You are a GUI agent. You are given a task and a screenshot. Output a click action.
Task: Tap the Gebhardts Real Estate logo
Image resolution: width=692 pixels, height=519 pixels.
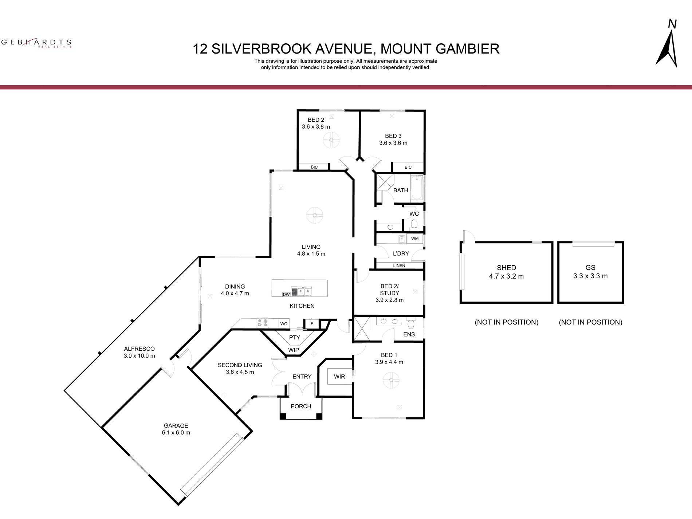(x=36, y=43)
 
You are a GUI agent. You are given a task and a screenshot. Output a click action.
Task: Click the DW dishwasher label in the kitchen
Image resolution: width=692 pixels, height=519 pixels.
(x=286, y=294)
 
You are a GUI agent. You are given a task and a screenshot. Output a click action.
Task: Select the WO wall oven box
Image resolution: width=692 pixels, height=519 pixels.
(x=284, y=323)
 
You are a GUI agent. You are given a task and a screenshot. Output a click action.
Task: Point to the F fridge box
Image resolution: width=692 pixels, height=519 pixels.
(x=312, y=323)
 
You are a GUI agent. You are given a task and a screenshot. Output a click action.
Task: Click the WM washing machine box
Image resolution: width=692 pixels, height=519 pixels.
(x=415, y=239)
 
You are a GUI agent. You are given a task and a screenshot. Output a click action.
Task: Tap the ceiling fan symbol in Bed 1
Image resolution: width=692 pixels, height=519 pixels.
(x=391, y=381)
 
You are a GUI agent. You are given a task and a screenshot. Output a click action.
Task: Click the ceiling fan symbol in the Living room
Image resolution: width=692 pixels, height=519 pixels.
(x=315, y=215)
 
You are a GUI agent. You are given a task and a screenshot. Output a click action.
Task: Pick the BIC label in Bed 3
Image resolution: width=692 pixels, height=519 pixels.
(x=408, y=167)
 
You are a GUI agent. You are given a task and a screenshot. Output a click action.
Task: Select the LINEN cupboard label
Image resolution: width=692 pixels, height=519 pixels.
(x=399, y=266)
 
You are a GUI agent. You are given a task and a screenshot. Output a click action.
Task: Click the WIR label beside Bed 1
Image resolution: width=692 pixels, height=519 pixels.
(x=339, y=377)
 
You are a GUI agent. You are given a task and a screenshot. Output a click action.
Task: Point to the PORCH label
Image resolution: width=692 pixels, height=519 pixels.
(x=301, y=406)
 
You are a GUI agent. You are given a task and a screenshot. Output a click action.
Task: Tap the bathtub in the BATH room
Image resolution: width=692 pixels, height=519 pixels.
(x=417, y=188)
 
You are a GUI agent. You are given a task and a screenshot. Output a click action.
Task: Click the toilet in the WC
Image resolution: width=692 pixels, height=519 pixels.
(x=414, y=224)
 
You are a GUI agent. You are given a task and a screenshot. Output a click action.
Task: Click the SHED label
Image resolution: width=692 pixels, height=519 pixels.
(x=506, y=268)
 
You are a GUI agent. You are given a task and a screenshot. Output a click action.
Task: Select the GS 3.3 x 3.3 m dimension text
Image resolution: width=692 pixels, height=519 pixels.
(x=590, y=276)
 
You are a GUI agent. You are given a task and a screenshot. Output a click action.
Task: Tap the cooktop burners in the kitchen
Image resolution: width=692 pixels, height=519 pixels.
(x=262, y=323)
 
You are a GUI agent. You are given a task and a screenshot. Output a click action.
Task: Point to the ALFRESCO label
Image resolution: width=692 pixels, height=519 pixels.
(x=139, y=349)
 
